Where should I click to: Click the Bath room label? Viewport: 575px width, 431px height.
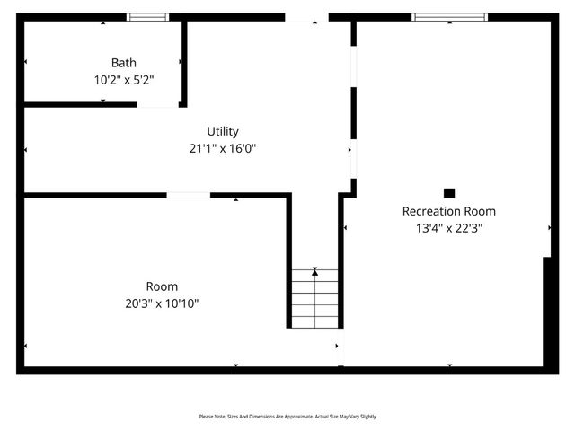(x=125, y=63)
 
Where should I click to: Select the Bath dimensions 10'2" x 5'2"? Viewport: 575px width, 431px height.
(x=125, y=79)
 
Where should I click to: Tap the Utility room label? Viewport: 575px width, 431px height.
(x=223, y=131)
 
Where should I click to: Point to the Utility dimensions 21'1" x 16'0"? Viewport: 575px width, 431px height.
(x=223, y=148)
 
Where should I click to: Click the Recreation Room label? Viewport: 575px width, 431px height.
(x=448, y=211)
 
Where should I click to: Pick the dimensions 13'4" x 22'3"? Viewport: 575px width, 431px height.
(x=448, y=228)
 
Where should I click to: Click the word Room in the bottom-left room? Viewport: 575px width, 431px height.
(x=163, y=286)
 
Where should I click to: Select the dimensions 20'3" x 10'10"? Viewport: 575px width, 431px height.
(x=163, y=303)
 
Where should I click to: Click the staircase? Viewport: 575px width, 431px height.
(x=314, y=301)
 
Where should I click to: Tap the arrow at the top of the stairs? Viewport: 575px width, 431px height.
(x=314, y=270)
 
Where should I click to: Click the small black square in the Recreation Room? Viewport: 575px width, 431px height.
(x=449, y=192)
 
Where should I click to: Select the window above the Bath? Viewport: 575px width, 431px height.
(x=147, y=16)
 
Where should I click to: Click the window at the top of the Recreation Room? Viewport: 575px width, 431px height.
(x=449, y=16)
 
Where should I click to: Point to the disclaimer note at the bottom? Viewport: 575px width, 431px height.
(x=287, y=417)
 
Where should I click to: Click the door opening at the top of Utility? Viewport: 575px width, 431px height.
(x=306, y=16)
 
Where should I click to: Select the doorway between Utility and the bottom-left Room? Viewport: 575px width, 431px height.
(x=189, y=195)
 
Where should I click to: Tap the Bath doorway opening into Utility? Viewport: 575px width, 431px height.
(x=158, y=105)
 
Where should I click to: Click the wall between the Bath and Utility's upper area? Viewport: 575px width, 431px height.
(x=184, y=61)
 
